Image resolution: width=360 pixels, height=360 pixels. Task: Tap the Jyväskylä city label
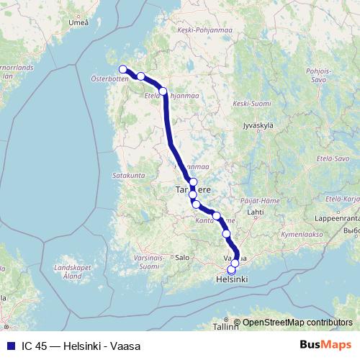[259, 125]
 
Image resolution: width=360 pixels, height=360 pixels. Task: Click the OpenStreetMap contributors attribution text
[297, 323]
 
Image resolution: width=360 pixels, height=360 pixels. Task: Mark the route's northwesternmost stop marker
[122, 69]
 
